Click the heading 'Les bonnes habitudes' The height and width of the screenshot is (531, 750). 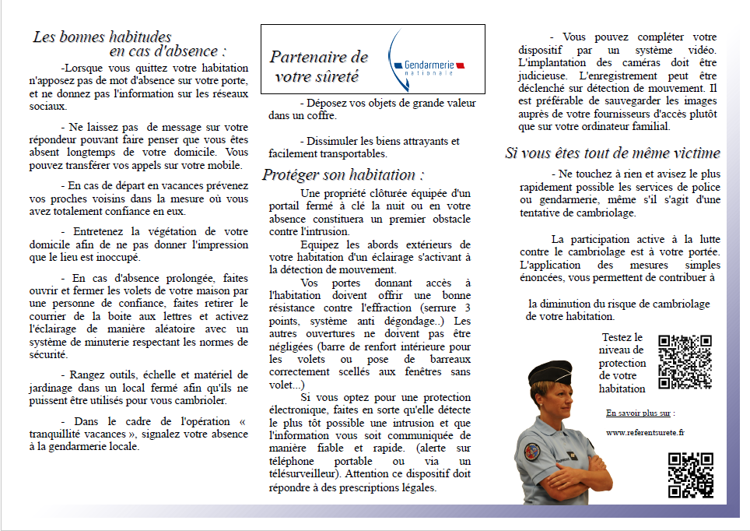pyautogui.click(x=102, y=37)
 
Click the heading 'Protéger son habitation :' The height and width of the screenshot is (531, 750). pyautogui.click(x=343, y=174)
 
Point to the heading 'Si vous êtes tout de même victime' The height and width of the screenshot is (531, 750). pyautogui.click(x=612, y=153)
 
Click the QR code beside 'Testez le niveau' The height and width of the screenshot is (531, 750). pyautogui.click(x=685, y=362)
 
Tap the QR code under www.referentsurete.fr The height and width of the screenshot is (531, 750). pyautogui.click(x=690, y=475)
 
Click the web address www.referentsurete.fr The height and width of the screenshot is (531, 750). pyautogui.click(x=645, y=432)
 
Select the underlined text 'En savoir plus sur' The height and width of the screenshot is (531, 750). pyautogui.click(x=640, y=413)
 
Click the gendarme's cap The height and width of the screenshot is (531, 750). pyautogui.click(x=550, y=374)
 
